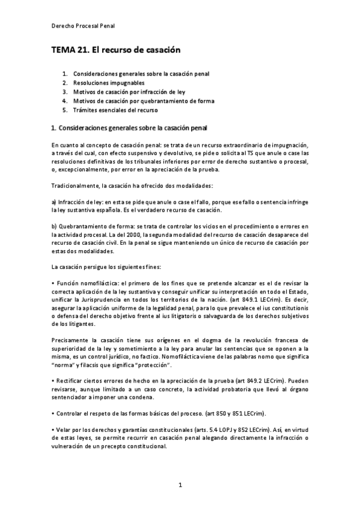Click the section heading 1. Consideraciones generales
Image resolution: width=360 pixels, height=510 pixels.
pyautogui.click(x=129, y=127)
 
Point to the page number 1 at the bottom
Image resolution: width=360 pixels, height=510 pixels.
pyautogui.click(x=180, y=484)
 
